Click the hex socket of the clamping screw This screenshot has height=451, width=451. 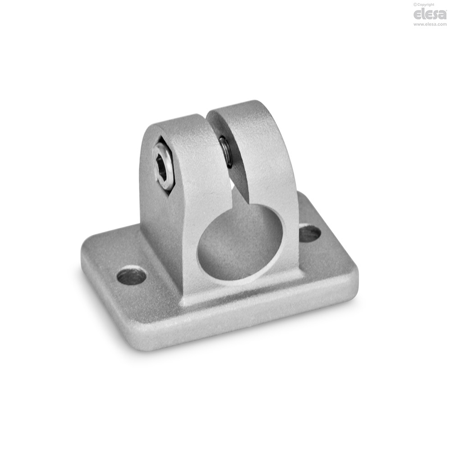pyautogui.click(x=161, y=168)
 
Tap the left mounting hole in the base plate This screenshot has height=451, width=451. pyautogui.click(x=132, y=276)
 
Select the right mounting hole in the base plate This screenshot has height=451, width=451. pyautogui.click(x=310, y=233)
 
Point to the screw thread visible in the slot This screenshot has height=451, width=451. pyautogui.click(x=226, y=152)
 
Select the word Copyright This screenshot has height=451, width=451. pyautogui.click(x=425, y=5)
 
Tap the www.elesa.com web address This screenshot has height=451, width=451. pyautogui.click(x=430, y=24)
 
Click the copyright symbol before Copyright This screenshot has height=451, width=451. pyautogui.click(x=415, y=5)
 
